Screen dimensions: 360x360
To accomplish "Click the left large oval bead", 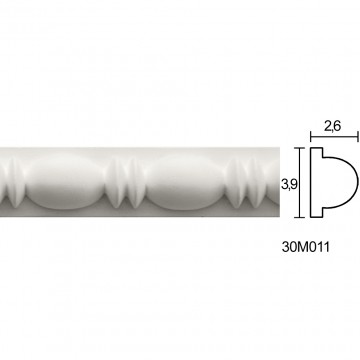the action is pyautogui.click(x=65, y=182).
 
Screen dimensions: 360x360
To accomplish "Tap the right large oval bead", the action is pyautogui.click(x=185, y=182).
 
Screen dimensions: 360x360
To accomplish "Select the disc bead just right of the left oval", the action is pyautogui.click(x=116, y=182).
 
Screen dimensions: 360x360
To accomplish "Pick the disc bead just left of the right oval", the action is pyautogui.click(x=136, y=182).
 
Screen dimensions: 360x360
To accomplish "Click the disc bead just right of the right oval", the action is pyautogui.click(x=236, y=182).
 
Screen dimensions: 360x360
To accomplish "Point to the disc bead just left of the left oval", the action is pyautogui.click(x=16, y=182).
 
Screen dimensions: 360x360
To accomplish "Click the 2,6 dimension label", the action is pyautogui.click(x=332, y=126).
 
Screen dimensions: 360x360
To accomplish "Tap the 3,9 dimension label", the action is pyautogui.click(x=289, y=185).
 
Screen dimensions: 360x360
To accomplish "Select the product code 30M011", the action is pyautogui.click(x=306, y=247).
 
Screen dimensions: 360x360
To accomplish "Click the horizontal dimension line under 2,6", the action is pyautogui.click(x=334, y=136).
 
